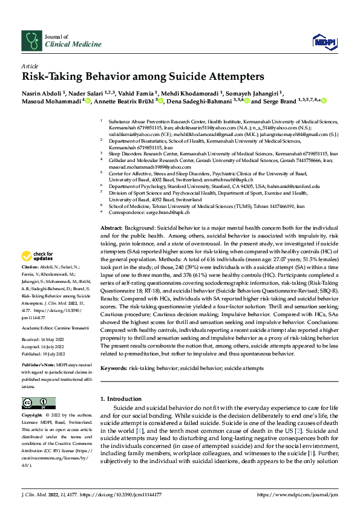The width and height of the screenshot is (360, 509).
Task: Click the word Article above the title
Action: coord(29,66)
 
